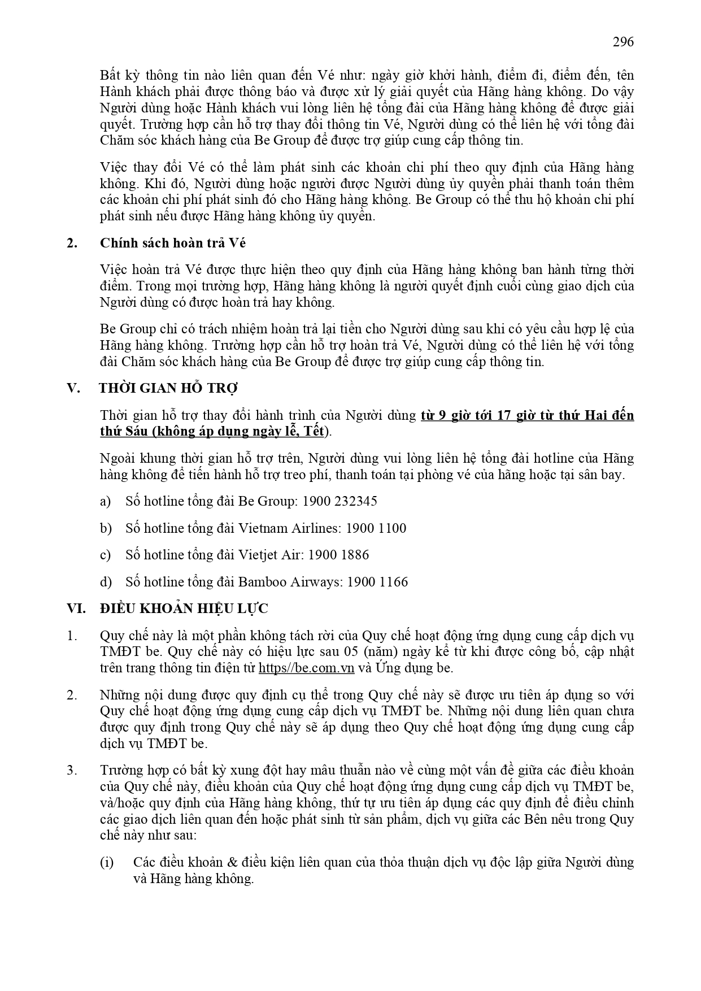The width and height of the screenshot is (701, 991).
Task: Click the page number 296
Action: coord(623,42)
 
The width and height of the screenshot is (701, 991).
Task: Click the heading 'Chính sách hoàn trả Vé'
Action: coord(173,243)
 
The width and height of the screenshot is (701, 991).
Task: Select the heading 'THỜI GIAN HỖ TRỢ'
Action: coord(168,388)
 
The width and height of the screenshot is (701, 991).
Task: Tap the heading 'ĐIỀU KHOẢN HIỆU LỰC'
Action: coord(184,608)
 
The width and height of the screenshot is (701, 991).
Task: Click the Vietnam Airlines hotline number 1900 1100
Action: coord(376,528)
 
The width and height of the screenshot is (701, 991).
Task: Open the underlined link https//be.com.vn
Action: coord(306,668)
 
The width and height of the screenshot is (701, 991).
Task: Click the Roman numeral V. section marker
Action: coord(73,388)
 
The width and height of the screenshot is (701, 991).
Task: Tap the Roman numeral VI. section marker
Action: coord(76,608)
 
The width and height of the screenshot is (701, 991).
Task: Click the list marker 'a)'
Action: coord(105,501)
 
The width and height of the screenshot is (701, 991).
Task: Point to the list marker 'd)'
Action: coord(105,582)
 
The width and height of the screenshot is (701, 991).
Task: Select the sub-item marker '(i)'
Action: coord(107,862)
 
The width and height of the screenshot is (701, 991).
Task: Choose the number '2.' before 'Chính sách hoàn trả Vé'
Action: coord(72,243)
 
